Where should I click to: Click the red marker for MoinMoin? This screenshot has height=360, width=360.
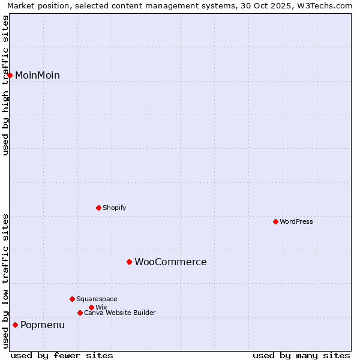10,75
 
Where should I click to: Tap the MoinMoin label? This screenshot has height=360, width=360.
37,76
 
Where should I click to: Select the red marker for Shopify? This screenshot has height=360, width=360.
98,208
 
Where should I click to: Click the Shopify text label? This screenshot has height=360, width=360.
114,208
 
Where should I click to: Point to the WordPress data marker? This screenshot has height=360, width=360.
275,221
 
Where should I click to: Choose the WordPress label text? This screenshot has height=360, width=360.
296,222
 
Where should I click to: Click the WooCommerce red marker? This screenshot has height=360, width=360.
129,262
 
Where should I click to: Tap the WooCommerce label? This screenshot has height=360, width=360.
170,262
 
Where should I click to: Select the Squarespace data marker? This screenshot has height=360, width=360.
72,299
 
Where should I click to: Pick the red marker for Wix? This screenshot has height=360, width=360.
91,307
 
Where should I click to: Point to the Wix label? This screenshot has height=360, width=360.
101,308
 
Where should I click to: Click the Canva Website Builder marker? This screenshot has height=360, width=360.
80,313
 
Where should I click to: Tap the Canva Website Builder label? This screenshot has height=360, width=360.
119,313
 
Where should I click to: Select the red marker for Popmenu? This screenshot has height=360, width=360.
15,325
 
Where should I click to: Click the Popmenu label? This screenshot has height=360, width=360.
43,325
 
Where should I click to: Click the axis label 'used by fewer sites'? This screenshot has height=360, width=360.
62,356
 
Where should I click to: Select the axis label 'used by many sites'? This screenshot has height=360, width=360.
301,356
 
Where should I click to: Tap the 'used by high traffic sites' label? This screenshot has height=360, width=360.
5,85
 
